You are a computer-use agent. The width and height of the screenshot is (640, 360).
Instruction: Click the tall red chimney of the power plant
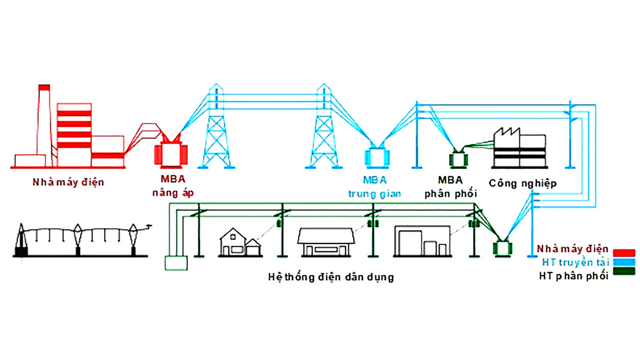pos(44,120)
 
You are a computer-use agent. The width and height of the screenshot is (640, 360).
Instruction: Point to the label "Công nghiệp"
pos(522,183)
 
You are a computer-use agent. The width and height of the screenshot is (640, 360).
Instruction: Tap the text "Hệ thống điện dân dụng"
pos(330,276)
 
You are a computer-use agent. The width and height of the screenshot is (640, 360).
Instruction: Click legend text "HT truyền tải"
pos(575,262)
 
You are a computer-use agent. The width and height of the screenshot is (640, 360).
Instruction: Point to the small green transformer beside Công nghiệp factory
pos(456,159)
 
